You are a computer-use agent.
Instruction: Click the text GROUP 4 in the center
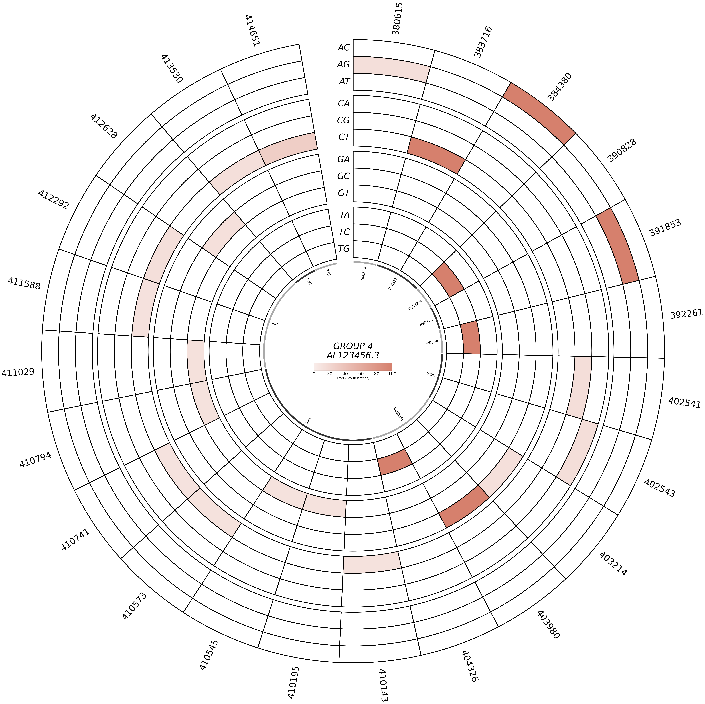[x=352, y=346]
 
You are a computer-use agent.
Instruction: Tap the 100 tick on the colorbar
[x=392, y=374]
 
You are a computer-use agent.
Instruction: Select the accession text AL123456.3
[x=352, y=355]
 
